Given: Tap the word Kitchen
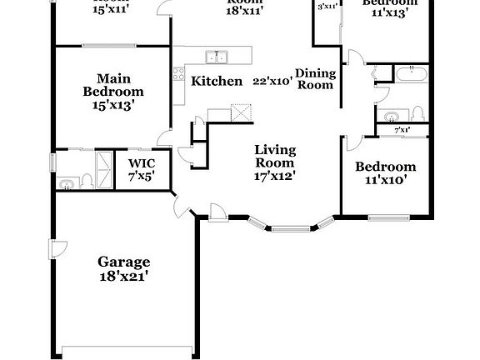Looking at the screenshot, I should coord(217,81).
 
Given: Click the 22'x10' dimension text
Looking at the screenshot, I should coord(271,81).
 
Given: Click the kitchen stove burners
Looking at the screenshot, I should coord(178,73).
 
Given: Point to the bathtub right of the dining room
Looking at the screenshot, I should coord(412,75).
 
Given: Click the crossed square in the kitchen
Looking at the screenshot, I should coord(242,112).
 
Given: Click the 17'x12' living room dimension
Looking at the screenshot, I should coord(275,175).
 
